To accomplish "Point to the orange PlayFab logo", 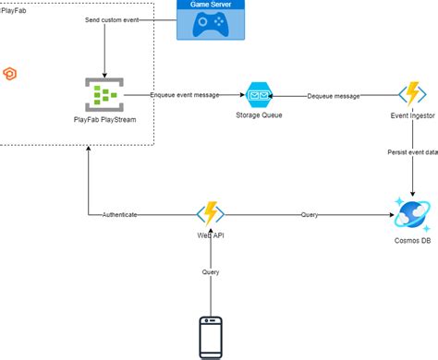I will coord(10,74).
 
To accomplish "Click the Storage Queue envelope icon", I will coord(256,94).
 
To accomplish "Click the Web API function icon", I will coord(211,214).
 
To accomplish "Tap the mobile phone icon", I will coord(211,336).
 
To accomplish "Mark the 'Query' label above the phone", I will coord(211,272).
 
